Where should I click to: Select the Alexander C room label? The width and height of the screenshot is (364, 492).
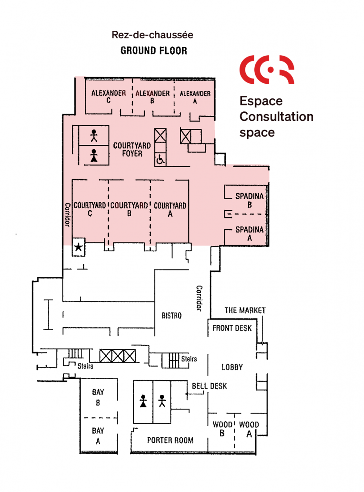[x=108, y=97]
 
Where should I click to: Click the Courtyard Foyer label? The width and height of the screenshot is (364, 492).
[x=132, y=150]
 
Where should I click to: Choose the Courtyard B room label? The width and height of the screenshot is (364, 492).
[x=129, y=209]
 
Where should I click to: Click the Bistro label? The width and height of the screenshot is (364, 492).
[x=172, y=316]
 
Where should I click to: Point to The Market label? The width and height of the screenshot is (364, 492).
[x=245, y=310]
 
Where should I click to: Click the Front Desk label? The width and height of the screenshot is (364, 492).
[x=232, y=328]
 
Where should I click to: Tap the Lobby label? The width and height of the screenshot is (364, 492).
[x=232, y=367]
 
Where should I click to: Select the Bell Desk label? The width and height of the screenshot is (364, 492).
[x=209, y=386]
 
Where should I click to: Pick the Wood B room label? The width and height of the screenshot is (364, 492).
[x=222, y=429]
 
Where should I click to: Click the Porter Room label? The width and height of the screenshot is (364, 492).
[x=170, y=440]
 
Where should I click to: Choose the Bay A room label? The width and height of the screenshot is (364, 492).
[x=98, y=436]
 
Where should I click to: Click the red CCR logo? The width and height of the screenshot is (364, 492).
[x=267, y=70]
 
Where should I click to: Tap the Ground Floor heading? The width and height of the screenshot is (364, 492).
[x=154, y=50]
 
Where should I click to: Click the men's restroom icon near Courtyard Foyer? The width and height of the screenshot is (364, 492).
[x=94, y=135]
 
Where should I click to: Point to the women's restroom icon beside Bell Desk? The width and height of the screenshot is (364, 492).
[x=143, y=401]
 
